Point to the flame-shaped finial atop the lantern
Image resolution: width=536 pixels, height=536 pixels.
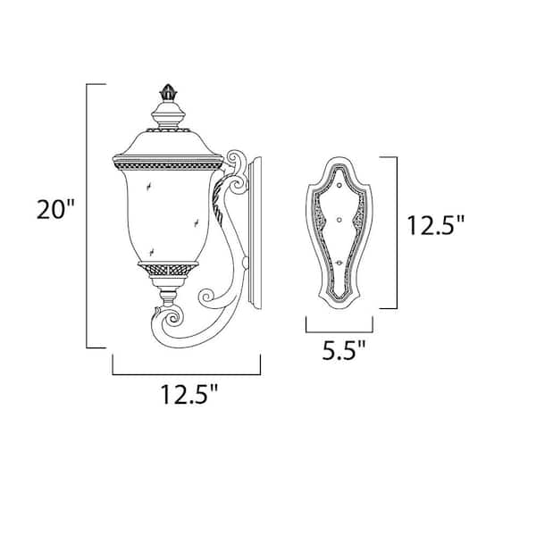(167, 92)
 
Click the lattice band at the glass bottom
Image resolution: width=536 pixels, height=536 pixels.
(167, 269)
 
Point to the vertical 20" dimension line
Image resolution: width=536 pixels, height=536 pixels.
(87, 214)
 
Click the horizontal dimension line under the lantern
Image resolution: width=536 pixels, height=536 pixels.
(186, 373)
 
